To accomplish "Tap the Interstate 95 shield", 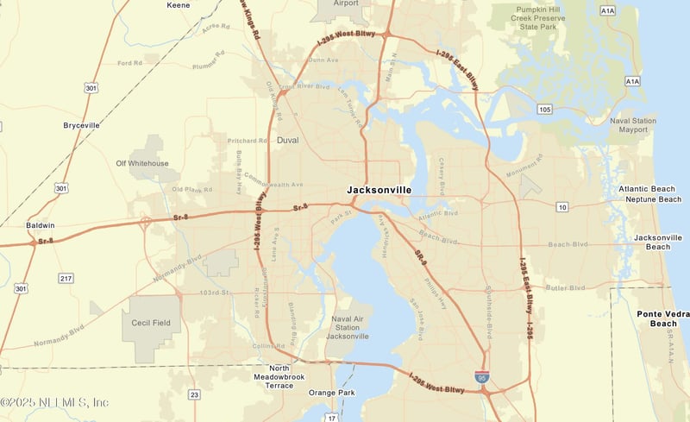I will (x=482, y=377).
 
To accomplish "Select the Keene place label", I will (x=178, y=4).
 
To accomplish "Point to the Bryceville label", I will (x=82, y=125).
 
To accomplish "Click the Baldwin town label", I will (x=41, y=225).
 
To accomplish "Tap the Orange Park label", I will (x=331, y=393).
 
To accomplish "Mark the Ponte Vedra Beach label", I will (x=662, y=318).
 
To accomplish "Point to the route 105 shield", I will (x=543, y=110).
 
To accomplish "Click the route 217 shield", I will (x=66, y=277).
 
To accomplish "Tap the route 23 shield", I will (x=195, y=394).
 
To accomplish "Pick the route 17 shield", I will (x=331, y=418).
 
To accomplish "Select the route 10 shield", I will (x=562, y=207).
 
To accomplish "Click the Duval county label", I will (x=287, y=140).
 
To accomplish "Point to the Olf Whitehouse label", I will (x=142, y=163).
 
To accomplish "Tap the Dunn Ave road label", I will (x=323, y=60).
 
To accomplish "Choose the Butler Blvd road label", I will (x=567, y=286).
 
